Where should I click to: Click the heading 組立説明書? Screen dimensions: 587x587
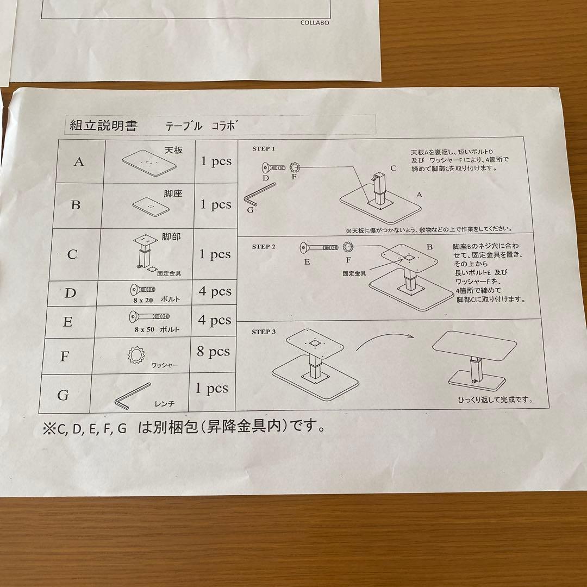[104, 126]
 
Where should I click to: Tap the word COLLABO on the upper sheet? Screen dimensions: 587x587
[315, 23]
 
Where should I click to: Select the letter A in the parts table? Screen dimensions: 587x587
[79, 161]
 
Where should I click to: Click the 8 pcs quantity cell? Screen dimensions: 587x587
[214, 352]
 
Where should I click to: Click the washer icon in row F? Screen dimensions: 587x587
[136, 355]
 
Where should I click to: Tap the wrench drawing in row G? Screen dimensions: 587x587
[132, 396]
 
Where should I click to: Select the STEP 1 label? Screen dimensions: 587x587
[264, 148]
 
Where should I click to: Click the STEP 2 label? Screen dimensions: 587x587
[264, 246]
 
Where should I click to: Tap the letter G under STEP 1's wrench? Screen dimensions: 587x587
[249, 209]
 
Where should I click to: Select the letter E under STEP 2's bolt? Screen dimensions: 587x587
[307, 261]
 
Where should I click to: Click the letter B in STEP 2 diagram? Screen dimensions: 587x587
[429, 246]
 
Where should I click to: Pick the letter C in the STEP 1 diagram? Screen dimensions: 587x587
[393, 168]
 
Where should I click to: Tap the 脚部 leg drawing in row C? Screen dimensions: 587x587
[144, 253]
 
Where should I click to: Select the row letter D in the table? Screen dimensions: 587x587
[71, 293]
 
